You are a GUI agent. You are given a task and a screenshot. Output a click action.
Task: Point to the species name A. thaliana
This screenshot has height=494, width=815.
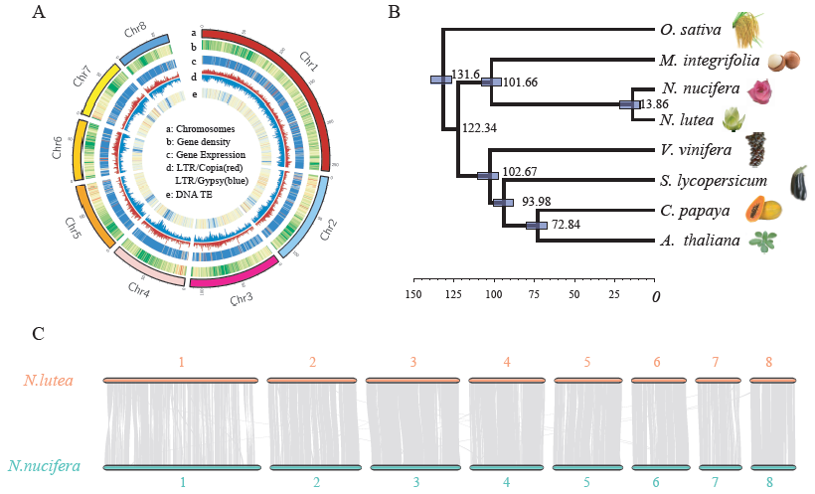click(697, 240)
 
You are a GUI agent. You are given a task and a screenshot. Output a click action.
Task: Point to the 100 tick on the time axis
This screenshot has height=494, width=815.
click(493, 295)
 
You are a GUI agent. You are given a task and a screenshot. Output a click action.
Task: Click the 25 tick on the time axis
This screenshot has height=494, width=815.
click(615, 295)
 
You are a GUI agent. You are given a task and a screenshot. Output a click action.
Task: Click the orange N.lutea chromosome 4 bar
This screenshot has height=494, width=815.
click(507, 380)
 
